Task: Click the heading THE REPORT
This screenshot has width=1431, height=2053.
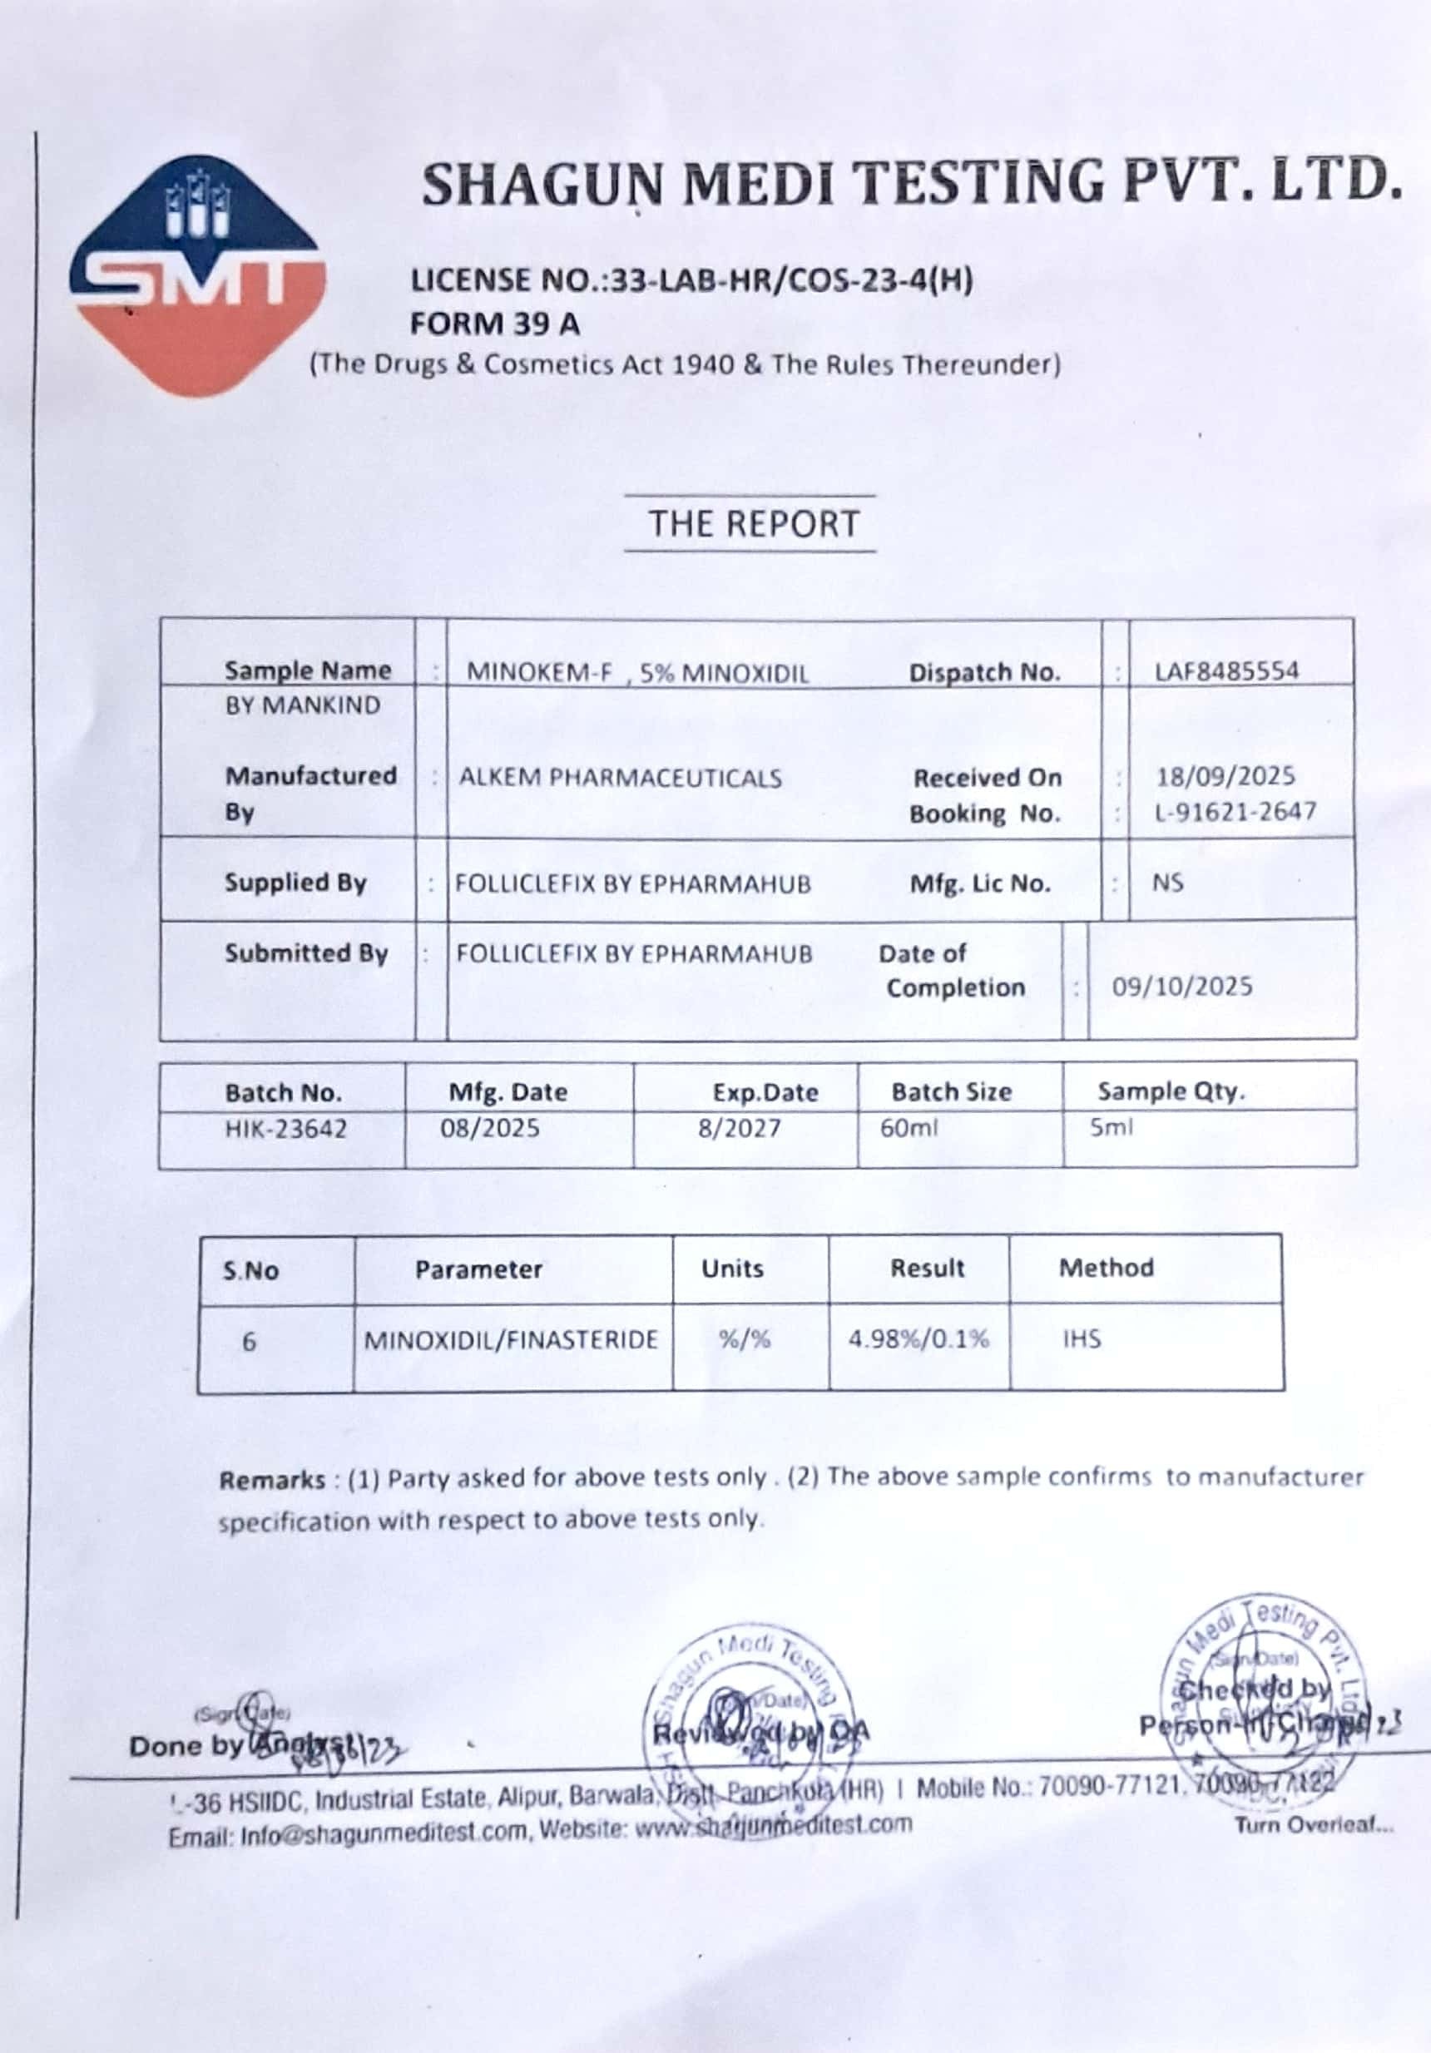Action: click(753, 524)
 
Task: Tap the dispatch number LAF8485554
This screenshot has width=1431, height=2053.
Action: click(1226, 670)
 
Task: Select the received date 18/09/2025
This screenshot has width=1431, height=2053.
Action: click(1226, 776)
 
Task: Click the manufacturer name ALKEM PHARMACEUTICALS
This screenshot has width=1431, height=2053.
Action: click(620, 778)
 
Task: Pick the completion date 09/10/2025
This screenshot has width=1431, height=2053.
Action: click(1181, 987)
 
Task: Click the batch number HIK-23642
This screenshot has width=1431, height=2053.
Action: click(285, 1129)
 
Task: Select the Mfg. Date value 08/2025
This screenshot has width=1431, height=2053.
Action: click(489, 1129)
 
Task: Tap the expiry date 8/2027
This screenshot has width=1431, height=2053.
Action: click(739, 1129)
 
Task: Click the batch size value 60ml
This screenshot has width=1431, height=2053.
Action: click(909, 1129)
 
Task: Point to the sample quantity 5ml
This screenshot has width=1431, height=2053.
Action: click(1110, 1127)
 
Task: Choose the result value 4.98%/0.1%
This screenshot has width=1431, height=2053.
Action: click(919, 1339)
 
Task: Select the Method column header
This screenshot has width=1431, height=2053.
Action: click(1107, 1268)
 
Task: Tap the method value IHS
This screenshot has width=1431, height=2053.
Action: click(1082, 1339)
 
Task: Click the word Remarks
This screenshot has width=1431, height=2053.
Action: click(272, 1481)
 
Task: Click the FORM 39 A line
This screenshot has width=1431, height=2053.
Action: click(494, 324)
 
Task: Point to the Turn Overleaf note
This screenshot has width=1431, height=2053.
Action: click(1314, 1825)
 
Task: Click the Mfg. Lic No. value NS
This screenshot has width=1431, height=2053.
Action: click(1167, 883)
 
